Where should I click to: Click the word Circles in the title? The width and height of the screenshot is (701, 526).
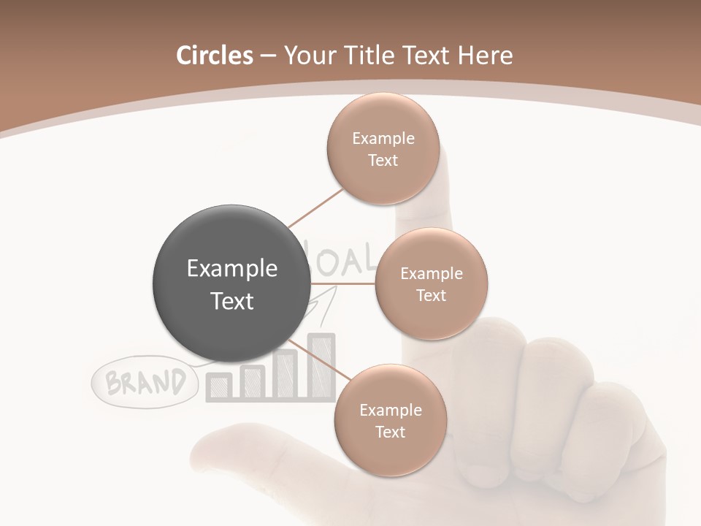tap(214, 56)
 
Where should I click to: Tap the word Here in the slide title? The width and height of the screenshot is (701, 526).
tap(485, 56)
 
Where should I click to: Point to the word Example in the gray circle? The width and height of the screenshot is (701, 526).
tap(232, 269)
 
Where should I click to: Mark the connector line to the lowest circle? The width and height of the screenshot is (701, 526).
tap(315, 361)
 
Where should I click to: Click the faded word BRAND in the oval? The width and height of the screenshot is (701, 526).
tap(145, 382)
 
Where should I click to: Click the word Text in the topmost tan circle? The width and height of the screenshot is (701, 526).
tap(383, 160)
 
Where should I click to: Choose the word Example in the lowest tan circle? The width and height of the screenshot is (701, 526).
tap(390, 411)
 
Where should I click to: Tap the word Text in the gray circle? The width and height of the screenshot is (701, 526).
tap(232, 301)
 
